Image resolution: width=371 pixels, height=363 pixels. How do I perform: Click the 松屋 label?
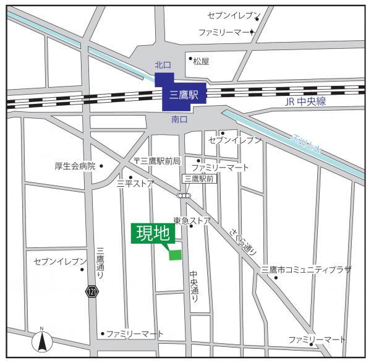[201, 62]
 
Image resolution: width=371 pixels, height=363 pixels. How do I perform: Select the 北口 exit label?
[162, 65]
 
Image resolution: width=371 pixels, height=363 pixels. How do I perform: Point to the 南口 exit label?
[180, 118]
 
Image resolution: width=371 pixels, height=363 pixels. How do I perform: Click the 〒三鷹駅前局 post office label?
[157, 161]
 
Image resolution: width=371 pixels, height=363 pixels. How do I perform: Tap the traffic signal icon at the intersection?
[184, 195]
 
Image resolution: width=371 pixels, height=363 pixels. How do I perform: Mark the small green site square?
[176, 254]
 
